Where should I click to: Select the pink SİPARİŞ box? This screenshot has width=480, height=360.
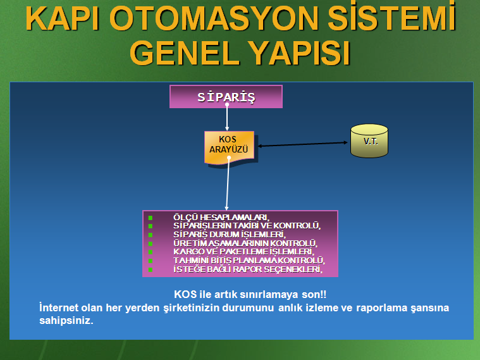click(226, 97)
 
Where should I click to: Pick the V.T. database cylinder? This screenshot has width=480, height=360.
click(369, 141)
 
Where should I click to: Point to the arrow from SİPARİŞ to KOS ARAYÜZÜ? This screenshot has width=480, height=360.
click(227, 117)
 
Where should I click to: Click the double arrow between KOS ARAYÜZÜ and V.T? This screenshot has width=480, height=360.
click(303, 144)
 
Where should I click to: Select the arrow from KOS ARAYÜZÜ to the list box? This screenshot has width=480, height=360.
click(228, 183)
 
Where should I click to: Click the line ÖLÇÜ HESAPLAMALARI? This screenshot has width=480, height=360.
click(221, 217)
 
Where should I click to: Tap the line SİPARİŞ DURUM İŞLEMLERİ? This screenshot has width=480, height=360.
click(230, 234)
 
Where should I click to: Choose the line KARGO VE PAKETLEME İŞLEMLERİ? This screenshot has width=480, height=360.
click(244, 252)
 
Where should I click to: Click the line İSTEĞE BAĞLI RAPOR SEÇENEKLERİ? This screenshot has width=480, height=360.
click(248, 270)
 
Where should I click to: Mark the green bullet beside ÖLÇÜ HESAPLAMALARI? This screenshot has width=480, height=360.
click(151, 218)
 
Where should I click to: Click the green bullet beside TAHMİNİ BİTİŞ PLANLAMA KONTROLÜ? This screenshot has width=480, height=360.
click(151, 261)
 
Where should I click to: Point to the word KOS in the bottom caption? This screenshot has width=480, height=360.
click(185, 294)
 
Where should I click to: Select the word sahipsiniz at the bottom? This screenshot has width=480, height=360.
click(66, 321)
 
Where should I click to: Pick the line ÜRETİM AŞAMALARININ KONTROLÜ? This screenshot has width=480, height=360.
click(245, 243)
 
